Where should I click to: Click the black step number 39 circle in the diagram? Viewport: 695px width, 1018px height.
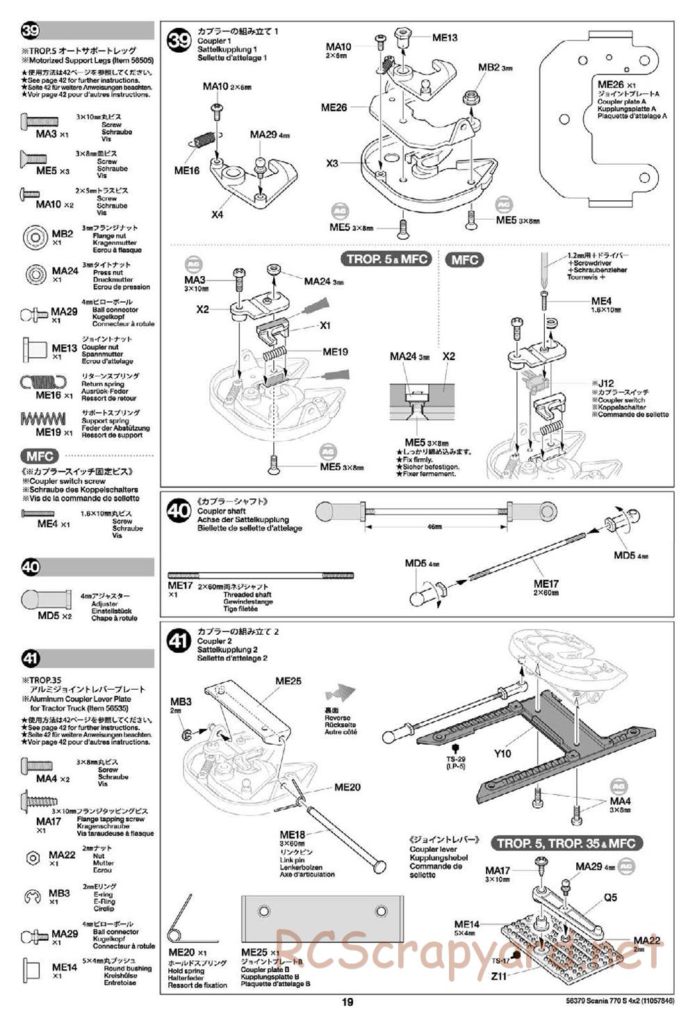pos(180,40)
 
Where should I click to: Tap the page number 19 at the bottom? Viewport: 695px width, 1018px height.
pos(347,1002)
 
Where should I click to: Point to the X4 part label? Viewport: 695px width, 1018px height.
pos(218,215)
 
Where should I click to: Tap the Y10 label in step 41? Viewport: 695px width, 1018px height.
pos(502,753)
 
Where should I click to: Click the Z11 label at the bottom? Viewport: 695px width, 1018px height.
pos(499,976)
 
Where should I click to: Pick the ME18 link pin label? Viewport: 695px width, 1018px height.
pos(293,835)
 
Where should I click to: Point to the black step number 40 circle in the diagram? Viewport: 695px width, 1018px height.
pos(179,511)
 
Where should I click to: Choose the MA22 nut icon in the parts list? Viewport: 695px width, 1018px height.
pos(32,858)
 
